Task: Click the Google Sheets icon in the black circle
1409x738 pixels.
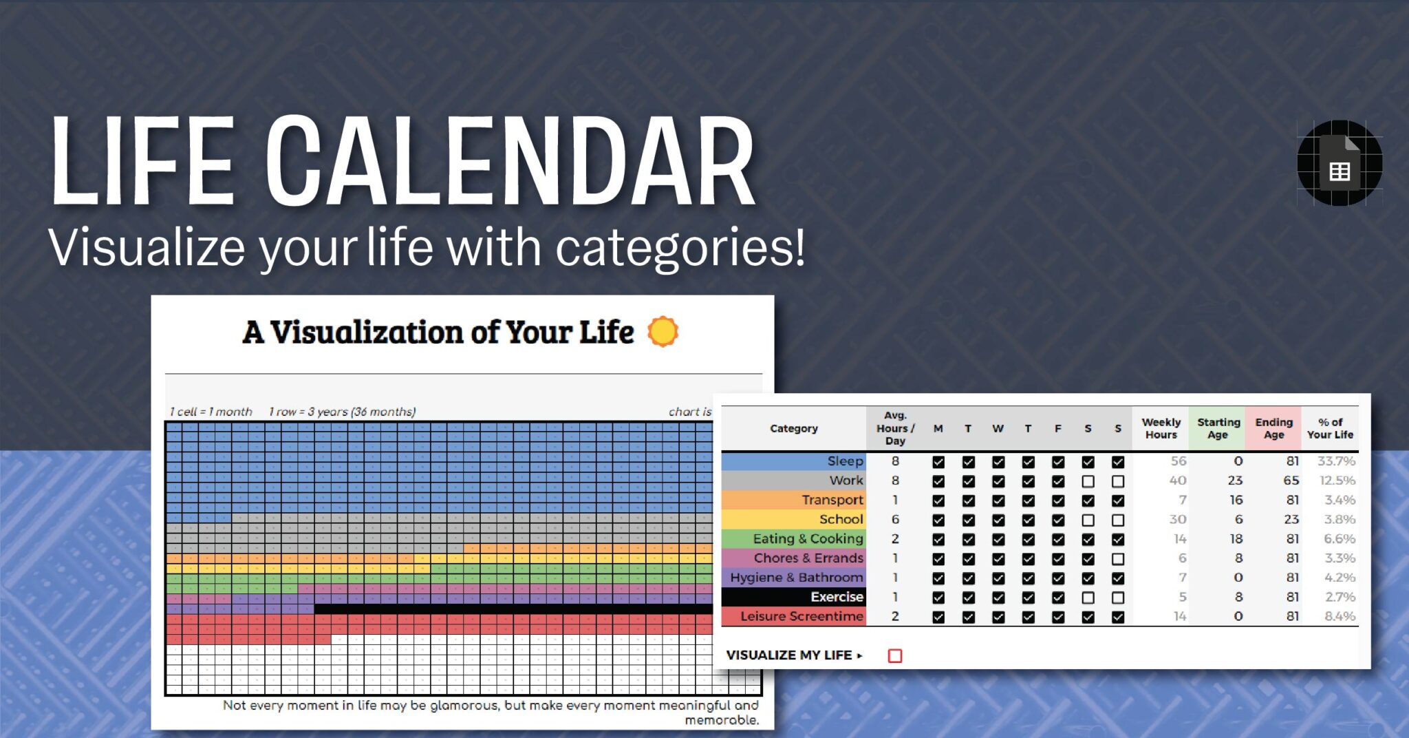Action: [x=1340, y=163]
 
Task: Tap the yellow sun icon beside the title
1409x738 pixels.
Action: [x=663, y=332]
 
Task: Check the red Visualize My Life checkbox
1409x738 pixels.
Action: [x=895, y=655]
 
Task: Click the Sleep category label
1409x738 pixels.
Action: [x=845, y=461]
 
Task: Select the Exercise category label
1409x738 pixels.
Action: [x=837, y=597]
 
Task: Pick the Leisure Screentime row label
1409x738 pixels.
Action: [x=802, y=616]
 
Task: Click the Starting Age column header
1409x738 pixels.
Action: [x=1218, y=428]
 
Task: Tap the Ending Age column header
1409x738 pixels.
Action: [x=1274, y=428]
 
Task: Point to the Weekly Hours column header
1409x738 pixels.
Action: [x=1161, y=428]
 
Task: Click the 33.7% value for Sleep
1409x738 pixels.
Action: [x=1336, y=461]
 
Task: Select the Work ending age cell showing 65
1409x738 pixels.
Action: [x=1291, y=481]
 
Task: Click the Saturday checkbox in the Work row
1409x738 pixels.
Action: [x=1088, y=481]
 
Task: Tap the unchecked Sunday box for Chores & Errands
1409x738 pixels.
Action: [x=1118, y=559]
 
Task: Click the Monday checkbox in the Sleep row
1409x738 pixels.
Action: [x=938, y=462]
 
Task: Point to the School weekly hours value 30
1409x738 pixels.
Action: [x=1178, y=519]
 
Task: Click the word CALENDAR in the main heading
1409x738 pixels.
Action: [x=511, y=162]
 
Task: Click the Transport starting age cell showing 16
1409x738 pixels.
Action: [x=1236, y=500]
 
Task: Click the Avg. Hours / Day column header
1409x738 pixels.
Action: [x=895, y=428]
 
